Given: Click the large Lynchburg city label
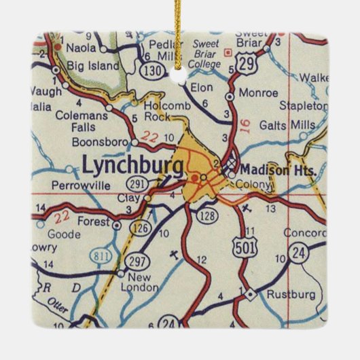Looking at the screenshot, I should pos(132,164).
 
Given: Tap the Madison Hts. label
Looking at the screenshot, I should pos(278,170).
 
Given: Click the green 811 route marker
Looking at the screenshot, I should pos(100,255).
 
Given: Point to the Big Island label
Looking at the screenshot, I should pos(93,66).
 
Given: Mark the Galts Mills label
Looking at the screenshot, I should pos(292,126).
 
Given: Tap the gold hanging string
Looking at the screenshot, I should pos(180,31).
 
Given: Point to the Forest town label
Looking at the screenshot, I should pos(93,220).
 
